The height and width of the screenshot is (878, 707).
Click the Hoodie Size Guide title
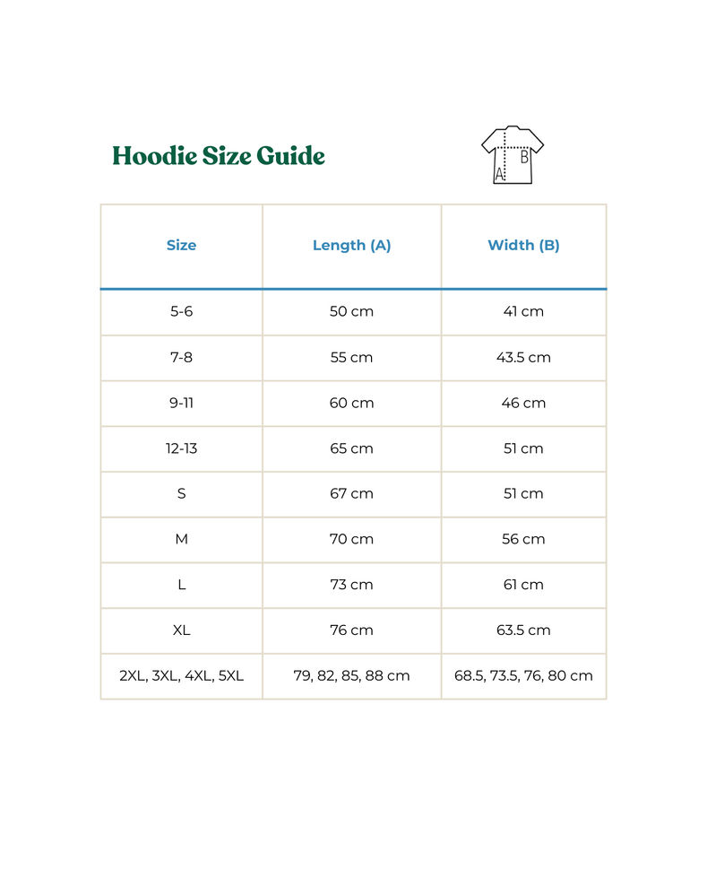(x=219, y=156)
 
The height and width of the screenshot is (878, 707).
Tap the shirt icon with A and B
(x=513, y=155)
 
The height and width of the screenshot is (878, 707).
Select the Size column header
(x=181, y=245)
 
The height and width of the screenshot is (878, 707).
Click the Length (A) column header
(x=351, y=245)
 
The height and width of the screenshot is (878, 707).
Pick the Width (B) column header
(x=523, y=245)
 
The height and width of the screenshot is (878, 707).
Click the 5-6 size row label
(x=181, y=311)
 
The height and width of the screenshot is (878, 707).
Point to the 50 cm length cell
(x=351, y=311)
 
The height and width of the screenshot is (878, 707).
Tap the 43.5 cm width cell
(x=523, y=357)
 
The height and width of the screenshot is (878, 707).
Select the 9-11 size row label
(x=181, y=403)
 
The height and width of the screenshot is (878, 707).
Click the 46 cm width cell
(x=523, y=403)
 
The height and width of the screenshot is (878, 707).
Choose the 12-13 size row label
(x=181, y=448)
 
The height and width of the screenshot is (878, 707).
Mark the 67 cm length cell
(x=351, y=493)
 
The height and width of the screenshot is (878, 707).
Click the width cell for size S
(x=523, y=493)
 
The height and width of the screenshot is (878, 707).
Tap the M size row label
(x=181, y=539)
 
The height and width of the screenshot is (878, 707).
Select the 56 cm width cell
(x=523, y=539)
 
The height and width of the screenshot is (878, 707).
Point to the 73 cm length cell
(x=351, y=585)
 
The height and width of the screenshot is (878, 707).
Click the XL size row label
(x=181, y=630)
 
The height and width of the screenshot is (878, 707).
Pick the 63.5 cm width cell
(x=523, y=630)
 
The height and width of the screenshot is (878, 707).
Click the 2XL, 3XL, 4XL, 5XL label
(x=181, y=676)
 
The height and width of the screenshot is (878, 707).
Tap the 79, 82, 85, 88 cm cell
(x=351, y=676)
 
